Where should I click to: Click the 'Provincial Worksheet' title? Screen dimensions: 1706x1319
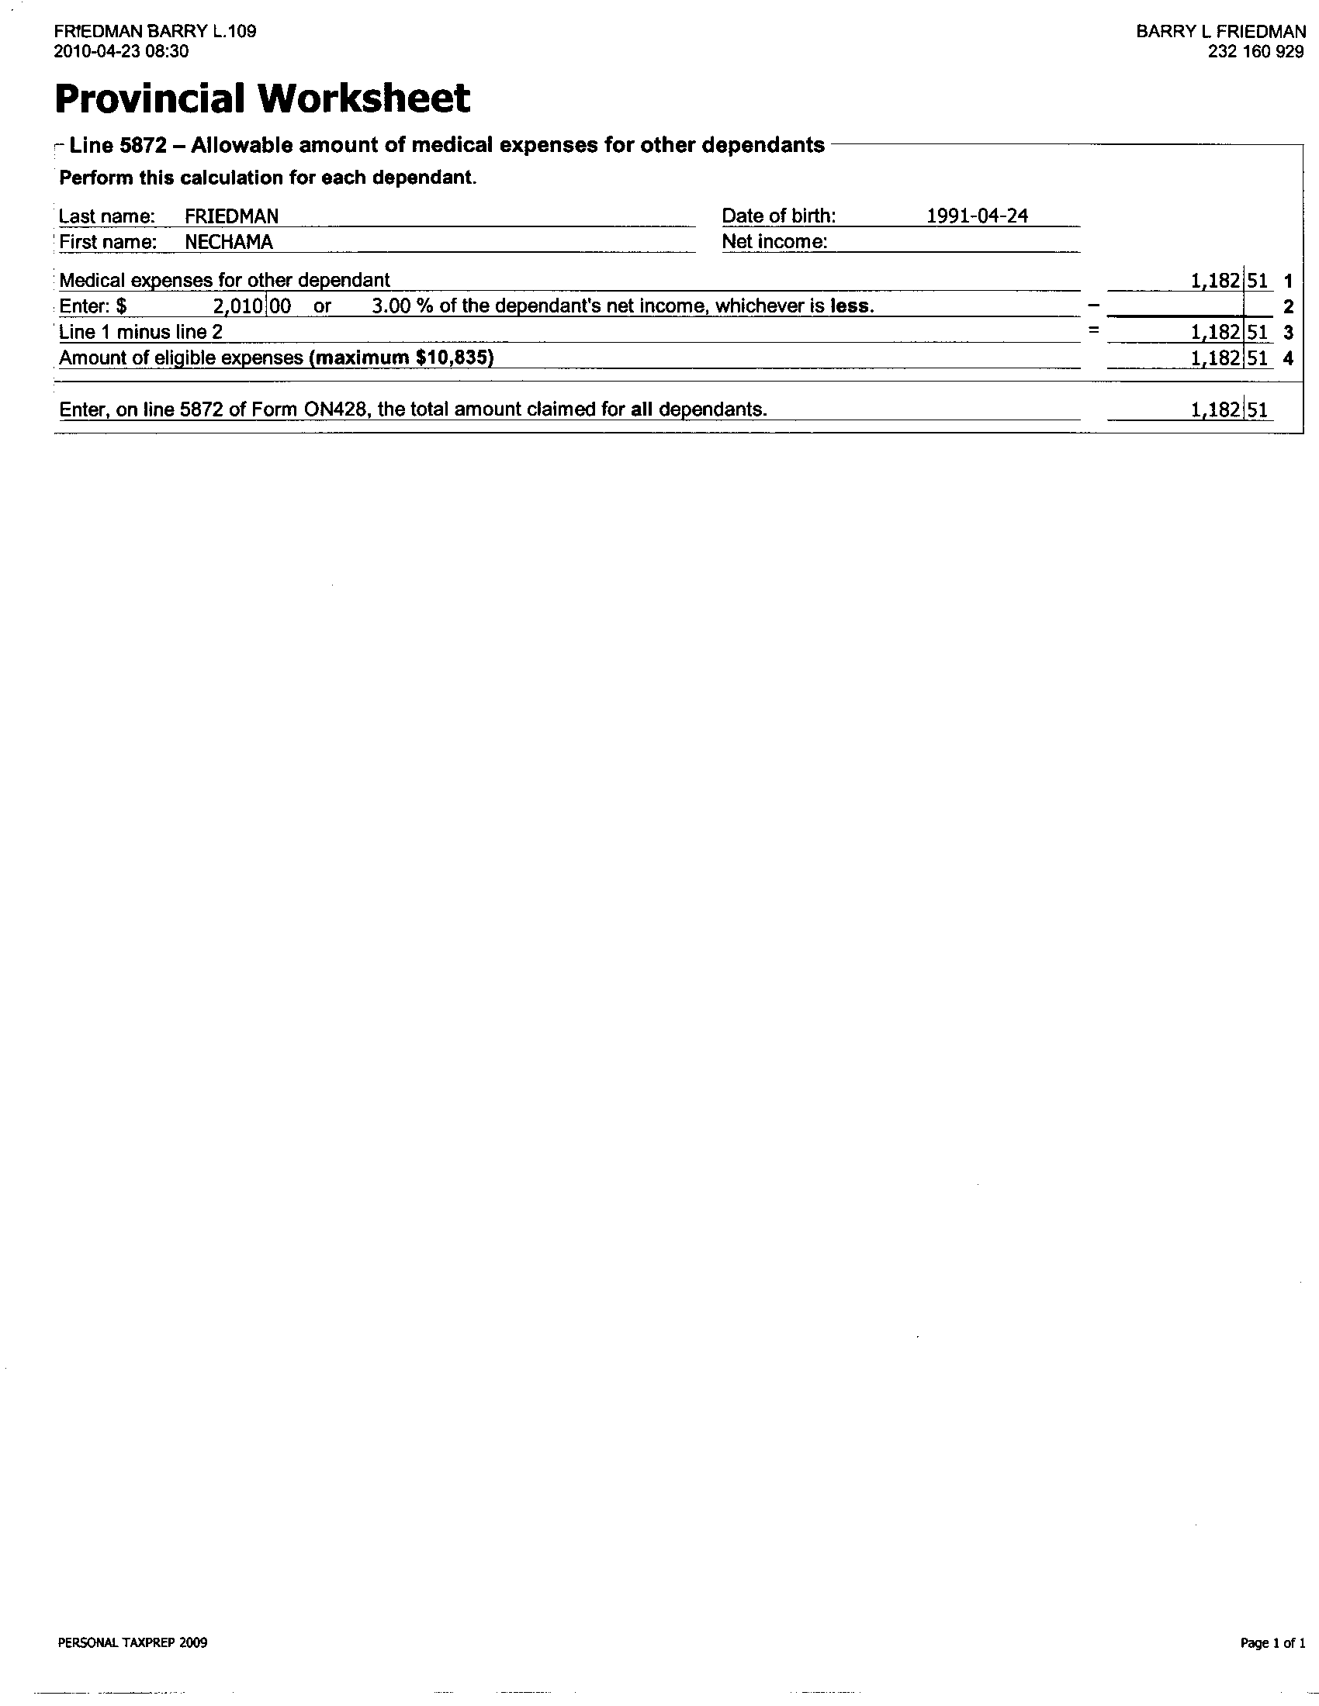(262, 98)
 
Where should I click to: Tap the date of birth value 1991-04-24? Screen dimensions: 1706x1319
(977, 216)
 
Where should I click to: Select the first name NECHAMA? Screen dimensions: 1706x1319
(228, 242)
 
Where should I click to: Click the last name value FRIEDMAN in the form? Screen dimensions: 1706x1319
(231, 216)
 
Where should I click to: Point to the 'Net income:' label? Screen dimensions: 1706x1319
(774, 242)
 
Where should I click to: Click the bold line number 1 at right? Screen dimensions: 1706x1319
(1288, 281)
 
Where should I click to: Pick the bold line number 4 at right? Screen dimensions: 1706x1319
(1288, 358)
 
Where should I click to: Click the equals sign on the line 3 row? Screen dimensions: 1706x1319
(1093, 331)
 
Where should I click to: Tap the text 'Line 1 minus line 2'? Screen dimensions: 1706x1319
(140, 332)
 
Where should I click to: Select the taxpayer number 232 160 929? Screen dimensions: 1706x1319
(1255, 52)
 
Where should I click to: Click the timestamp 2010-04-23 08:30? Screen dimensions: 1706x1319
(121, 52)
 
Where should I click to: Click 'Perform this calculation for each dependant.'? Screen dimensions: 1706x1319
(267, 178)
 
